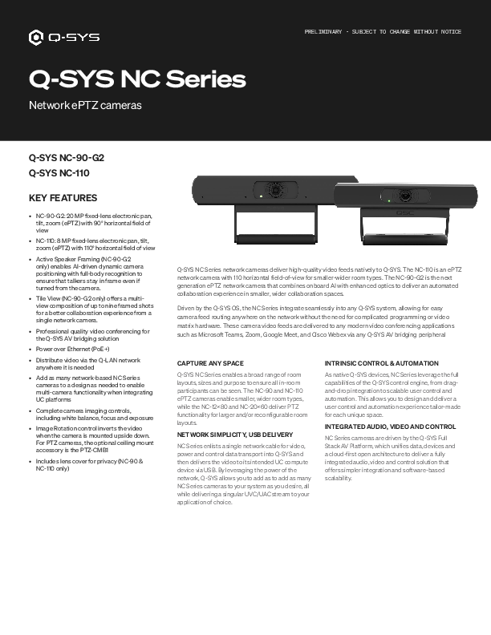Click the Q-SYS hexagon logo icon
36,37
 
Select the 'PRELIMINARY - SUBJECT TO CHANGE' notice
383,31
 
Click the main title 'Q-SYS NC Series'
137,79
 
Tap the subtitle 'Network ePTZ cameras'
85,106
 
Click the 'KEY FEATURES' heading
63,198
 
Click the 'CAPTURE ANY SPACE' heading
210,364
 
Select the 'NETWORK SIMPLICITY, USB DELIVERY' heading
231,434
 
